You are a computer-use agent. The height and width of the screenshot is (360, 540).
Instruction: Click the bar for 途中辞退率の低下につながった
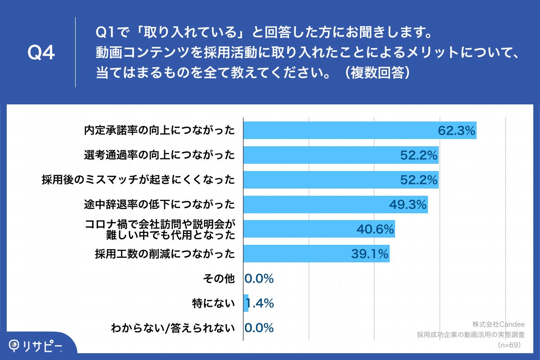point(315,205)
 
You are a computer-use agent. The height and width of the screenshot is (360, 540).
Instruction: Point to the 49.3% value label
point(408,205)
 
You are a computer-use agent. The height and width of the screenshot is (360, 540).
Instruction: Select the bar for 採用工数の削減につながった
point(297,254)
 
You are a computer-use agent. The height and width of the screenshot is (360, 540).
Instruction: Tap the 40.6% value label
point(375,229)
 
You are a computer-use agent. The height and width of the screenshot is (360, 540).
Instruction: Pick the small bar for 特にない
point(246,303)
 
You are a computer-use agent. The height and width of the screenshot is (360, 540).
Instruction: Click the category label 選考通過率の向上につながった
point(160,155)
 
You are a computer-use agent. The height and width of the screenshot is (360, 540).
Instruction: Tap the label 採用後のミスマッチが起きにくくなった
point(138,180)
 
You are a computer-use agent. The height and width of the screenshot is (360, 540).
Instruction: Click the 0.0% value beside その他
point(259,279)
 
